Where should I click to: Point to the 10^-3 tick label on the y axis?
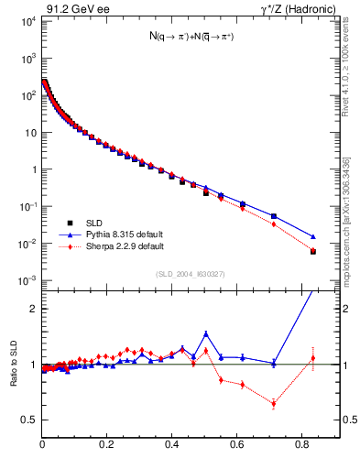[x=27, y=280]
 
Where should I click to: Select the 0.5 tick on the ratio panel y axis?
[x=29, y=420]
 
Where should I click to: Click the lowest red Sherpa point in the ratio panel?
[x=274, y=403]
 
